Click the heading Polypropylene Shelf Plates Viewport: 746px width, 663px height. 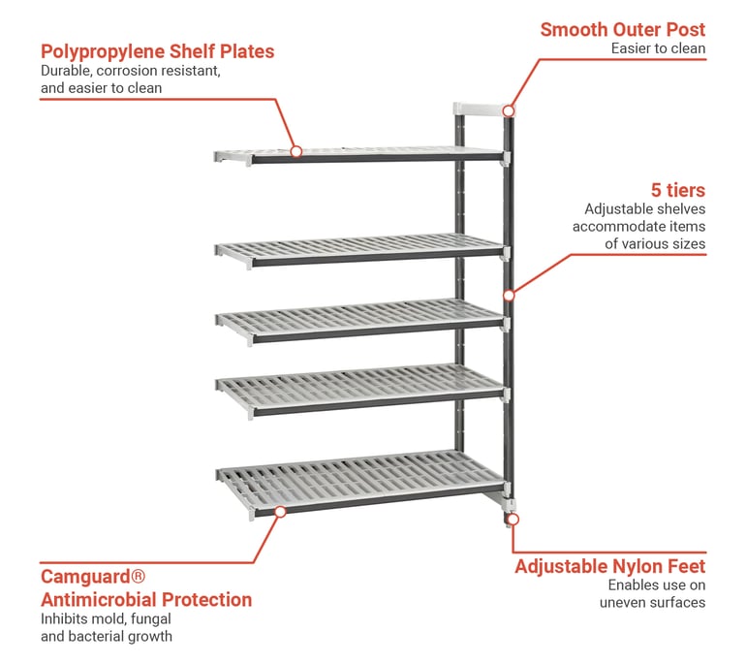(157, 51)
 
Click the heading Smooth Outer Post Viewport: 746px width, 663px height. (622, 29)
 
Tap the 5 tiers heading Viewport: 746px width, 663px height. (677, 189)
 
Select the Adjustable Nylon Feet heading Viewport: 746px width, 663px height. (609, 566)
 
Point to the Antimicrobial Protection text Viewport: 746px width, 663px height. (145, 600)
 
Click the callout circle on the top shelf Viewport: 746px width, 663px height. (296, 151)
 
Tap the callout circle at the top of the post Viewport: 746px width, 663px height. (509, 110)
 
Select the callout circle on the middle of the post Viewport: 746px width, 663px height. (509, 294)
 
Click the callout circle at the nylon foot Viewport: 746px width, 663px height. (513, 520)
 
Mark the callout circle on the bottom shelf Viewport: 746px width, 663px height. (279, 510)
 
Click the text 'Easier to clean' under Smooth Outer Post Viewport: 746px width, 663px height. (657, 48)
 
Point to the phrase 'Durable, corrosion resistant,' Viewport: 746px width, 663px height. (131, 71)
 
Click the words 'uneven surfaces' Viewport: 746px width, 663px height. (652, 602)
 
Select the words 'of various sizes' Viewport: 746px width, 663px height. (655, 243)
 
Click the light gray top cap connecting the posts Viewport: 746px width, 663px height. (481, 109)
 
